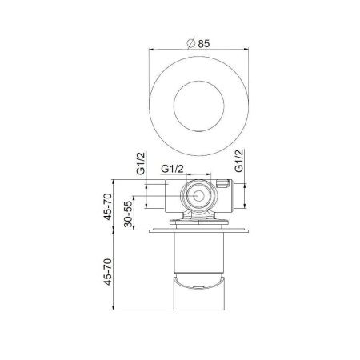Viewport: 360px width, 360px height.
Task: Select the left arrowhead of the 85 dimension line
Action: point(150,53)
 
